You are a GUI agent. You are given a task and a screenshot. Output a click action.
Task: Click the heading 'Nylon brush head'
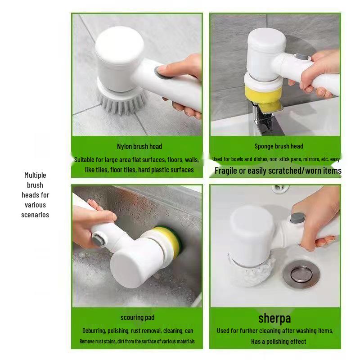pos(139,147)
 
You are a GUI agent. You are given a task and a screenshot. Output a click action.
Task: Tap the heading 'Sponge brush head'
pos(279,146)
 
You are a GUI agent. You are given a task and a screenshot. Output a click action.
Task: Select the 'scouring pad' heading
pos(137,318)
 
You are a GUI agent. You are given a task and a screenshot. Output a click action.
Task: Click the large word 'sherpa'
pos(274,319)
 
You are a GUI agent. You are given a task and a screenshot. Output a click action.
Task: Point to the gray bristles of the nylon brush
pos(121,102)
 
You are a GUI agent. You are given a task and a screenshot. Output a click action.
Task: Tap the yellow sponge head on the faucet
pos(265,98)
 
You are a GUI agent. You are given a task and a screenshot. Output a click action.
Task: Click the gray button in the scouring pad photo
pos(99,239)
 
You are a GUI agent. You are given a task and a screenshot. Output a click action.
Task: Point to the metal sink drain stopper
pos(301,274)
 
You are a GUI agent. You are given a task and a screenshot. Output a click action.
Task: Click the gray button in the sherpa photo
pos(297,217)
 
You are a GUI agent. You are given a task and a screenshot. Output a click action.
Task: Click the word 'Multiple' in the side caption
pos(35,175)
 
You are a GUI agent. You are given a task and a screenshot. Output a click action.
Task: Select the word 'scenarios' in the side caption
pos(35,215)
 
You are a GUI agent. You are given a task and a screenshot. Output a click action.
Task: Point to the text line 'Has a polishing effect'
pos(279,342)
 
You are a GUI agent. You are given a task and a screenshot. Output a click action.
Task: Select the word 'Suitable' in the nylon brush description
pos(84,160)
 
